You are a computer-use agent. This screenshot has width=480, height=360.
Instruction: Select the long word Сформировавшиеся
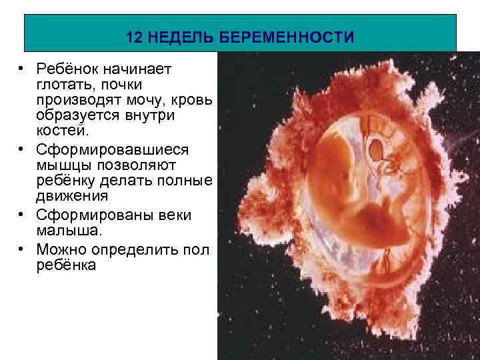coord(113,148)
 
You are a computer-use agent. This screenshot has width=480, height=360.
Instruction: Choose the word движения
coord(72,196)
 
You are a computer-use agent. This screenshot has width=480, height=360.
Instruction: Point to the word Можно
coord(63,249)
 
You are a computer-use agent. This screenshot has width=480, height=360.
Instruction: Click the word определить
coord(135,249)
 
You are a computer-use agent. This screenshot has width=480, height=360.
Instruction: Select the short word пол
coord(196,249)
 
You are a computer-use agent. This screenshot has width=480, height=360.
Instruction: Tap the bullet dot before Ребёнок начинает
coord(22,70)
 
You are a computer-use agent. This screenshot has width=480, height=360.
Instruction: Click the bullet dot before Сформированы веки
coord(22,216)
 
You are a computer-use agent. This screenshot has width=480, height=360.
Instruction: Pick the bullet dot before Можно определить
coord(22,250)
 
